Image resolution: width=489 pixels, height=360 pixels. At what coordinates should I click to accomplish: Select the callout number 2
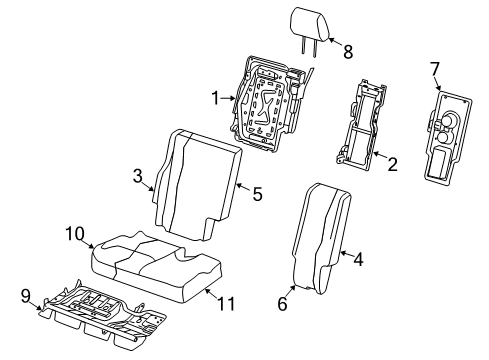pos(393,163)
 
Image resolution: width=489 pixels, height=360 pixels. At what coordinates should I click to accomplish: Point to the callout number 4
pos(357,258)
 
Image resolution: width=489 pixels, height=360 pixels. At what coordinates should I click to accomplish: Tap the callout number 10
pos(73,234)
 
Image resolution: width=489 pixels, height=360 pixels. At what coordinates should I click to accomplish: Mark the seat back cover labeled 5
pos(200,185)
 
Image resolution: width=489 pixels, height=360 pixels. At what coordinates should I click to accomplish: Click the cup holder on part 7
pos(446,122)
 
